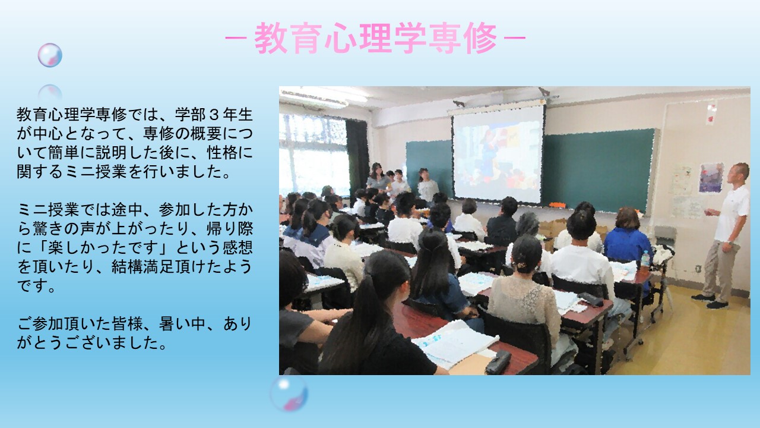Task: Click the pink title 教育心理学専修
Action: pyautogui.click(x=376, y=38)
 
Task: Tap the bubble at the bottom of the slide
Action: pyautogui.click(x=289, y=394)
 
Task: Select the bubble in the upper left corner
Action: pyautogui.click(x=50, y=55)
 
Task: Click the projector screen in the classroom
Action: pyautogui.click(x=498, y=155)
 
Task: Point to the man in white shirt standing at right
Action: pyautogui.click(x=726, y=236)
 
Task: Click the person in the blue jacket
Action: pyautogui.click(x=627, y=238)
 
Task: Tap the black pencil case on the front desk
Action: pyautogui.click(x=498, y=362)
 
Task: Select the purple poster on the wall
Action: pyautogui.click(x=711, y=178)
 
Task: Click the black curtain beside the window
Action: pyautogui.click(x=357, y=156)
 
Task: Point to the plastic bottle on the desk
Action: pyautogui.click(x=645, y=259)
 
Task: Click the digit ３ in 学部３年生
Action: pyautogui.click(x=214, y=115)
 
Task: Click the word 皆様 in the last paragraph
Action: pyautogui.click(x=127, y=324)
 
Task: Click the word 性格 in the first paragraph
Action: pyautogui.click(x=222, y=153)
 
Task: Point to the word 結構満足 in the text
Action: pyautogui.click(x=142, y=267)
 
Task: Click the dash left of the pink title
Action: pyautogui.click(x=236, y=38)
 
